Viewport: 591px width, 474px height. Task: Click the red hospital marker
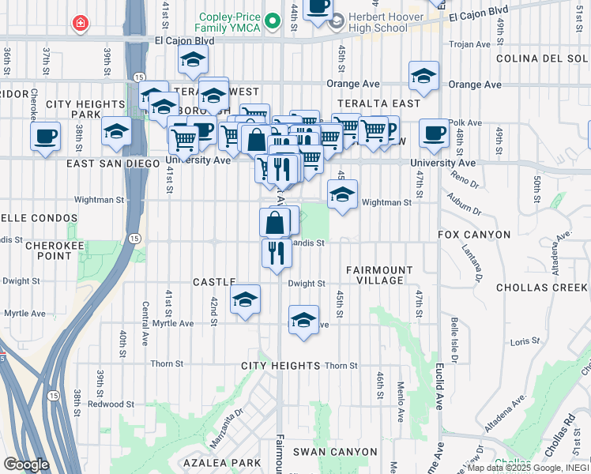coord(80,24)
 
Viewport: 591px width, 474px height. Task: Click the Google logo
coord(26,464)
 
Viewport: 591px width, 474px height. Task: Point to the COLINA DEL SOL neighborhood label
coord(541,58)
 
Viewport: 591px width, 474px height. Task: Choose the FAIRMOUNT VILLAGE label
coord(379,276)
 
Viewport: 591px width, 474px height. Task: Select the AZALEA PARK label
coord(222,462)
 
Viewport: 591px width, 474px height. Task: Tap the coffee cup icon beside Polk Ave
coord(433,133)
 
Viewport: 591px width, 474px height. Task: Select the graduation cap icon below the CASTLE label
coord(245,299)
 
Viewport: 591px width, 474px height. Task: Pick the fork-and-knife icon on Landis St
coord(277,253)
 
